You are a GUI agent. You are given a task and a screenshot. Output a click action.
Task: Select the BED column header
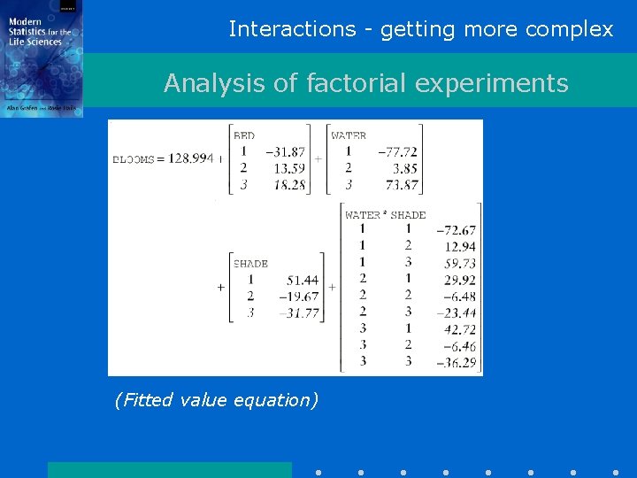coord(244,135)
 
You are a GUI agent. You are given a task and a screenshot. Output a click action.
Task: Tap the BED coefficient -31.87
coord(285,152)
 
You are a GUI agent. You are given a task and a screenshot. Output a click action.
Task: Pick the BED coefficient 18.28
coord(289,184)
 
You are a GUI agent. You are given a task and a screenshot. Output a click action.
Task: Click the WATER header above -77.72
coord(349,135)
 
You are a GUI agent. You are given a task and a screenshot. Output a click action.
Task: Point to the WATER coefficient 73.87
coord(397,184)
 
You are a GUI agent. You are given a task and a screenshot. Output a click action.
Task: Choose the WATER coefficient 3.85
coord(403,168)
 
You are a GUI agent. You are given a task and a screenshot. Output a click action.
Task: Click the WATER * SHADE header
coord(385,215)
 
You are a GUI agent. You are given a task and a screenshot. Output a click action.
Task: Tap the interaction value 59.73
coord(459,264)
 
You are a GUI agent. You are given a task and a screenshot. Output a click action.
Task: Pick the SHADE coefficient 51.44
coord(302,281)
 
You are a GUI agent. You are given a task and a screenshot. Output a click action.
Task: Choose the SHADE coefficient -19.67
coord(297,297)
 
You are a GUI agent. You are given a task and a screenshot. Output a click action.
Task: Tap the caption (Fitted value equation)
coord(216,400)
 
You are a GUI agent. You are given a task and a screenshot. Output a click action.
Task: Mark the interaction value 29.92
coord(459,281)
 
